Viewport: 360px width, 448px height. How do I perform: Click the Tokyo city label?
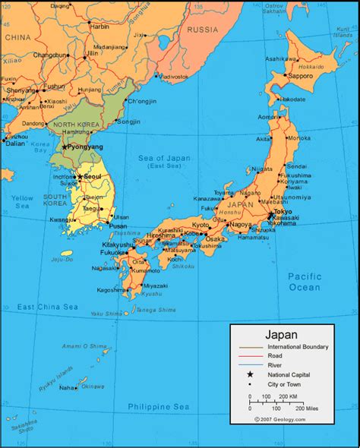coord(283,211)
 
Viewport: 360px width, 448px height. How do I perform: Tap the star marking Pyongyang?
coord(65,147)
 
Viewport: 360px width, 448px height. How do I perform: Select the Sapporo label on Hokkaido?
coord(301,76)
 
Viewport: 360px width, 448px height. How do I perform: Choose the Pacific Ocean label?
coord(304,282)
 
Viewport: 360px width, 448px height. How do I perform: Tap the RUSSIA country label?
coord(202,30)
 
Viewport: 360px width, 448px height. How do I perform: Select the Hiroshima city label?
coord(160,235)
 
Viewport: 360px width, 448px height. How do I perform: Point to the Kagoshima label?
coord(112,289)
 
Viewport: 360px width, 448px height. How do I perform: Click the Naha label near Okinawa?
coord(68,387)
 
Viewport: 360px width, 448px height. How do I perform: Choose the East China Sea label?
coord(48,307)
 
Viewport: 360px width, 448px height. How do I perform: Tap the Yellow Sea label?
coord(21,201)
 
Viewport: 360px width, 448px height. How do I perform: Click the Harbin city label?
coord(99,26)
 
